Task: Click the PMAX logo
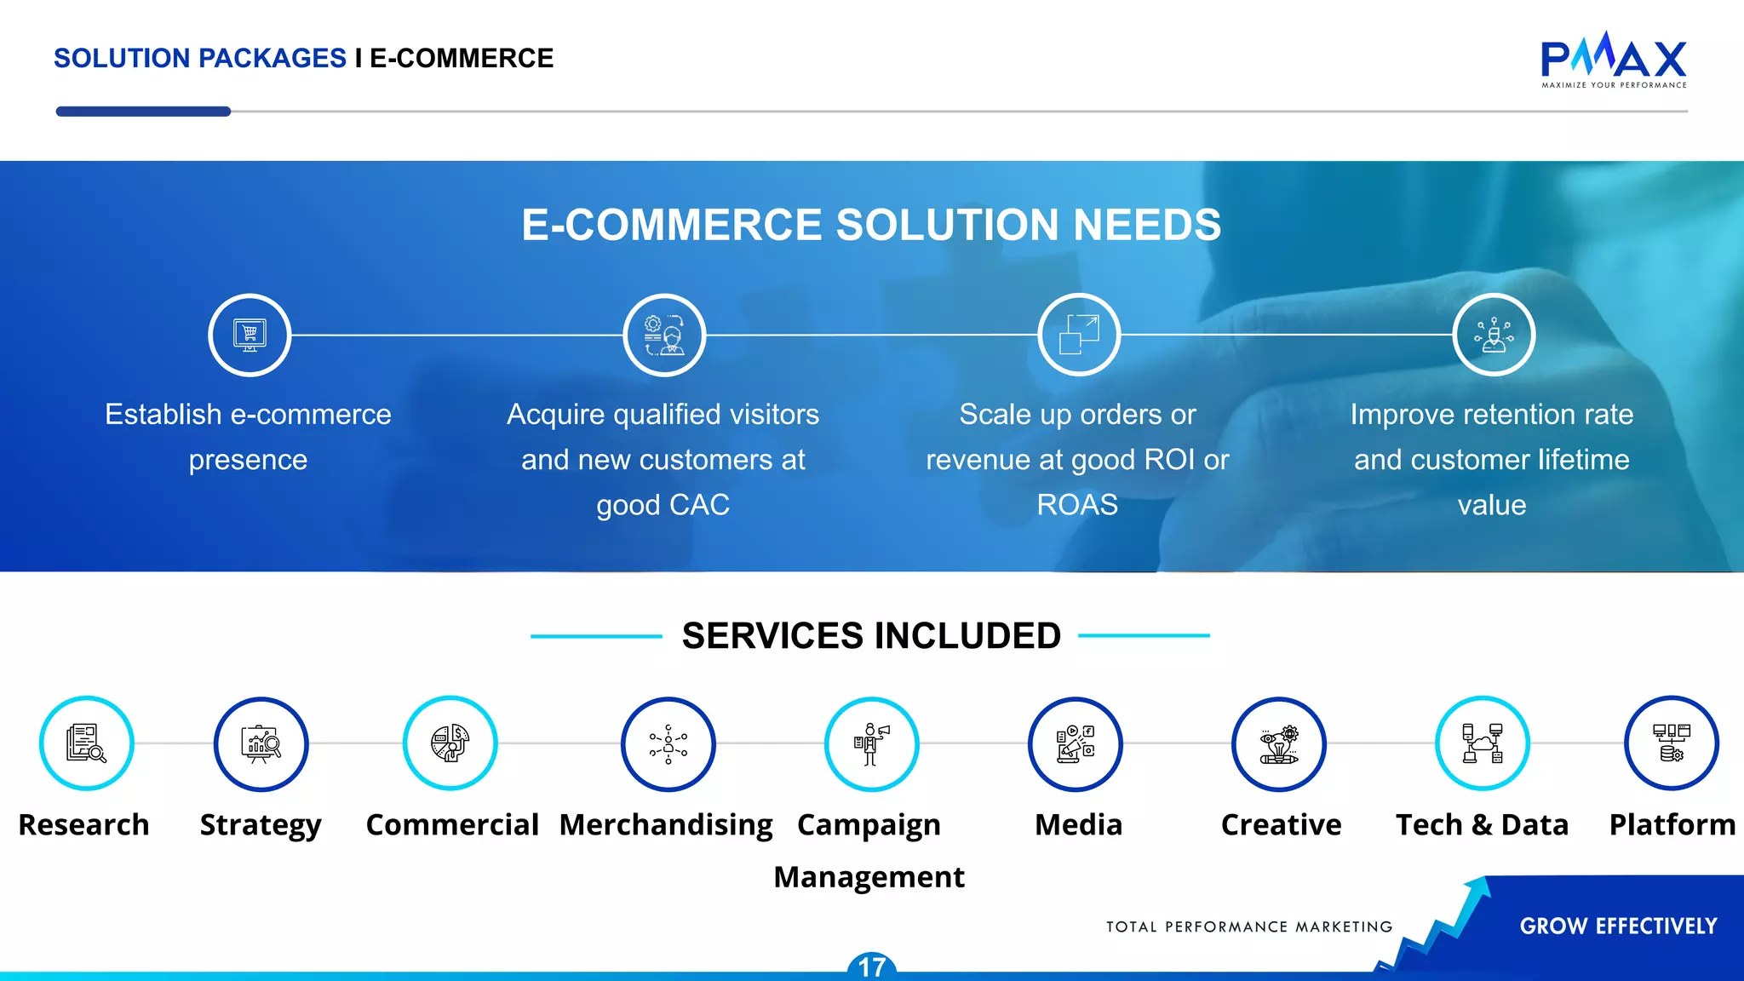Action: tap(1614, 60)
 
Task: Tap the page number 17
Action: tap(871, 967)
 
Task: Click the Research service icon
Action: tap(86, 743)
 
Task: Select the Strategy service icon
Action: tap(261, 743)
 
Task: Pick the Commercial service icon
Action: tap(450, 743)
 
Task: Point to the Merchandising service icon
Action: tap(668, 743)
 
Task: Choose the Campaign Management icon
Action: tap(871, 743)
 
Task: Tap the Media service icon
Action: tap(1075, 743)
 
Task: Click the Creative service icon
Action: tap(1278, 743)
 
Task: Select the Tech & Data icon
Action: tap(1482, 743)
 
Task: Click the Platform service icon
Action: tap(1671, 743)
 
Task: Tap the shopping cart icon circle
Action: tap(250, 335)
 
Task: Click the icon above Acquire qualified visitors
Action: tap(664, 335)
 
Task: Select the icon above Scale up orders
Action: tap(1079, 335)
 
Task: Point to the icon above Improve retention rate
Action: tap(1494, 335)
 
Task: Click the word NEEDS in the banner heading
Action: tap(1147, 225)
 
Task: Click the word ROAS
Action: tap(1077, 505)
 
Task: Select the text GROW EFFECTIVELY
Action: tap(1618, 926)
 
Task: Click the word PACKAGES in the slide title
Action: tap(272, 58)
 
